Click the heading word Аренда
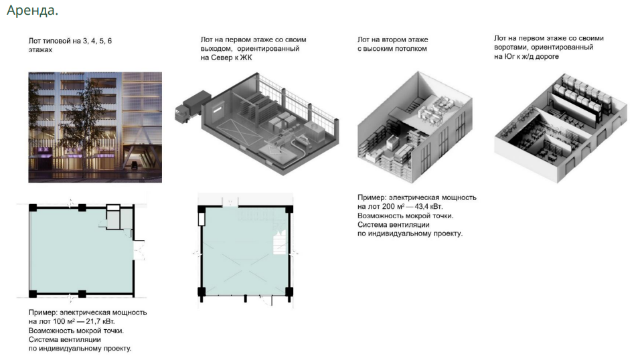pos(32,10)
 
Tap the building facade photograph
pos(95,127)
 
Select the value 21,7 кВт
pos(100,322)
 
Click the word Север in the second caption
pos(222,58)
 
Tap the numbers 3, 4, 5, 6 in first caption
pos(97,41)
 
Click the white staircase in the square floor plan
pos(280,242)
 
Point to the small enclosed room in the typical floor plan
pos(113,217)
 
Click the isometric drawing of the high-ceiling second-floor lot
pos(414,127)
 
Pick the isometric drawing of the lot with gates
pos(560,127)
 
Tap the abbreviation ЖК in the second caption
pos(246,58)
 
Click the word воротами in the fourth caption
pos(511,48)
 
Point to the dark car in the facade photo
pos(134,165)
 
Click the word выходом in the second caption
pos(216,49)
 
